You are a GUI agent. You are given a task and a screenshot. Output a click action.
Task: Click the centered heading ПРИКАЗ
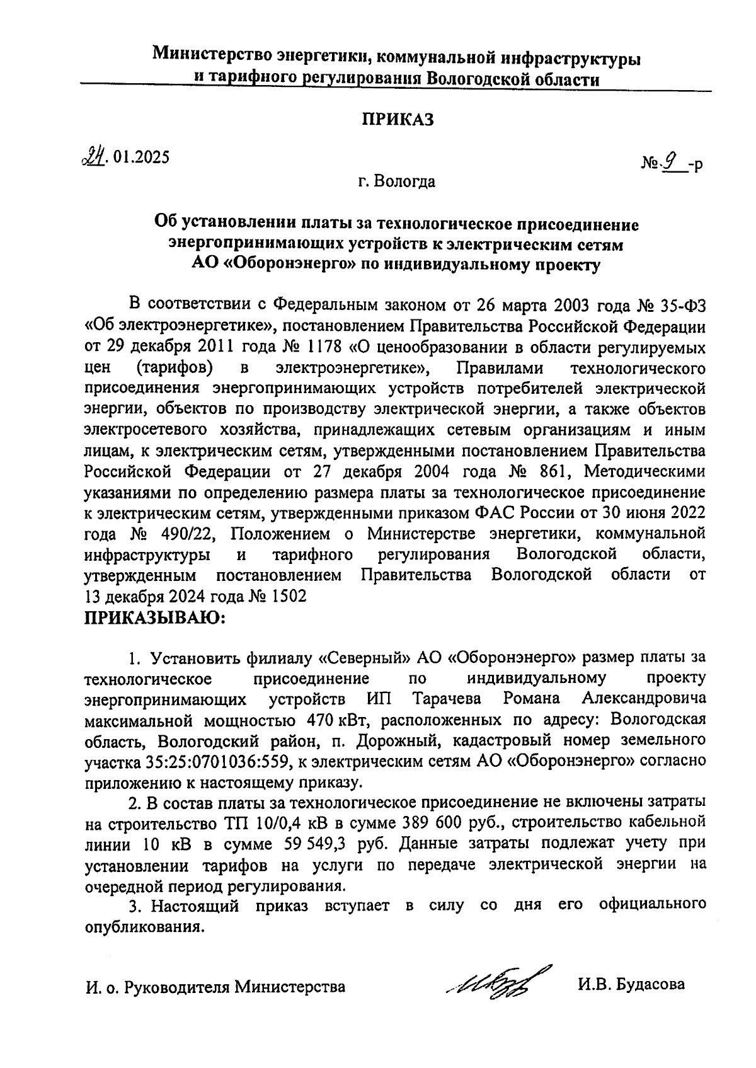coord(398,120)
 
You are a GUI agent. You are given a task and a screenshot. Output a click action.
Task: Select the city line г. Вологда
coord(397,182)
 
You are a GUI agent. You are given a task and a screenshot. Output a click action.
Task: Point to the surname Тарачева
coord(447,699)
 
